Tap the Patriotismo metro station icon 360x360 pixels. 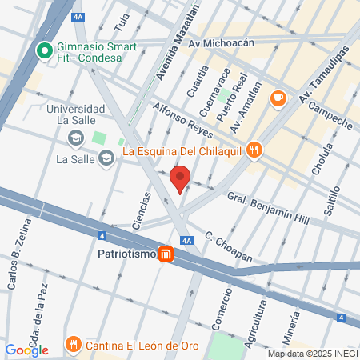click(x=166, y=254)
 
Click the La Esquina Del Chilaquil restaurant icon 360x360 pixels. click(x=254, y=149)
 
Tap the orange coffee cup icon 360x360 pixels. click(x=278, y=98)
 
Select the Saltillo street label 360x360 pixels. click(x=334, y=197)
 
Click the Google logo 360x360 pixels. click(x=26, y=350)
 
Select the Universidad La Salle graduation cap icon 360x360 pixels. click(x=74, y=139)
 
